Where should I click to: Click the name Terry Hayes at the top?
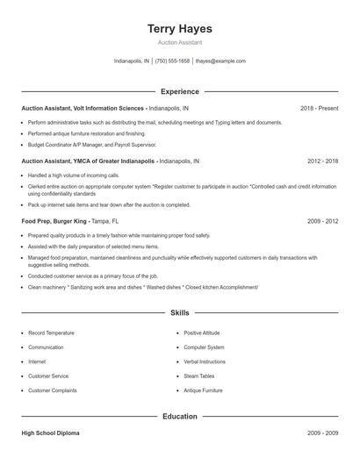[179, 28]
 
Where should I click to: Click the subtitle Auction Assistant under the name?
[179, 41]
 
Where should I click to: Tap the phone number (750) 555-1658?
[173, 61]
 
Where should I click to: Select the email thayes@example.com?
[220, 61]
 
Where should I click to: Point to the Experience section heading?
[179, 91]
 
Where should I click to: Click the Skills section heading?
[179, 312]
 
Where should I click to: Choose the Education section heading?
[179, 417]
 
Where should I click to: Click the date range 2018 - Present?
[319, 108]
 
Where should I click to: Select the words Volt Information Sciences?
[110, 108]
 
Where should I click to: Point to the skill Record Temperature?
[51, 333]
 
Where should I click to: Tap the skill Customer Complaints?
[52, 390]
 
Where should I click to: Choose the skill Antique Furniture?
[205, 390]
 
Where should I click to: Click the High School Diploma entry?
[52, 433]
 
